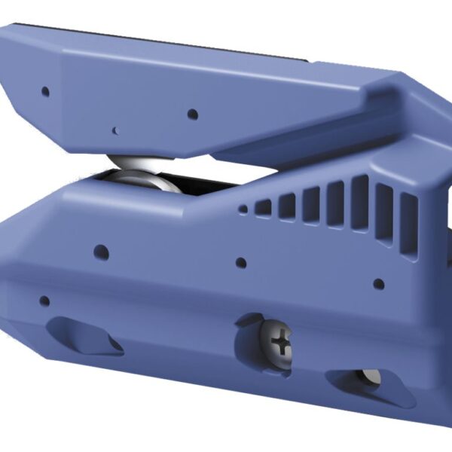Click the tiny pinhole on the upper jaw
coord(115,130)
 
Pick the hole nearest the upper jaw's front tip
coord(45,91)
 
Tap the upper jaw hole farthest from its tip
coord(192,115)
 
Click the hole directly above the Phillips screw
coord(241,263)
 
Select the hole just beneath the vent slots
coord(379,284)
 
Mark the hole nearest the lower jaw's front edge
coord(44,301)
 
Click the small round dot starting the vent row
coord(243,210)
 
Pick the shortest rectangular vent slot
coord(263,206)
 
